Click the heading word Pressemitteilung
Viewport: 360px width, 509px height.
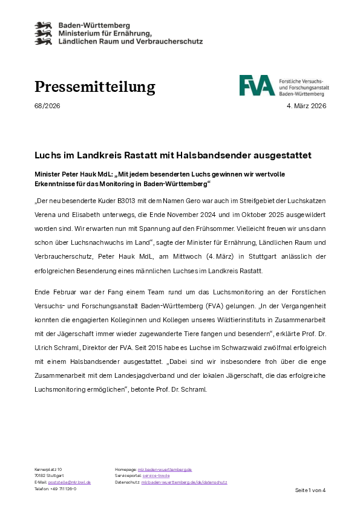(x=94, y=87)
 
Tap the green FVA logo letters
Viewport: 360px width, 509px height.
(x=257, y=86)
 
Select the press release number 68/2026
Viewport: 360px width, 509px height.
(x=47, y=106)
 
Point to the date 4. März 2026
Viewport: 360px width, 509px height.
(x=306, y=106)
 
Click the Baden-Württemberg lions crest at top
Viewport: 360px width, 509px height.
(x=44, y=33)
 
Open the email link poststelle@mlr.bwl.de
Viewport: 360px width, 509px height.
(x=70, y=482)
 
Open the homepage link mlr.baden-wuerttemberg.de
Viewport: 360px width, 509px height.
(x=165, y=469)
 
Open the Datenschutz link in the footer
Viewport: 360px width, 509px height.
(x=184, y=482)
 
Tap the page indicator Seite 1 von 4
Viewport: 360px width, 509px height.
(x=310, y=490)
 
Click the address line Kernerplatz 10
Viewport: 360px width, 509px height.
(x=48, y=469)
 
